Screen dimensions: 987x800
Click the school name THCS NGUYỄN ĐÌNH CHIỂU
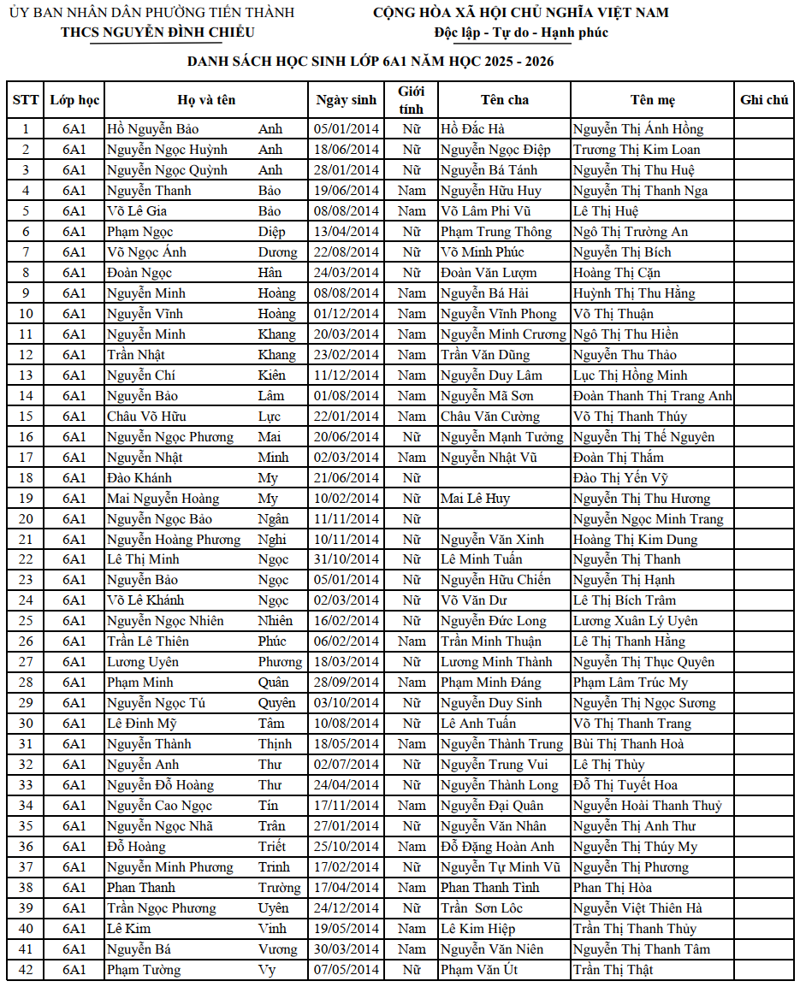click(157, 33)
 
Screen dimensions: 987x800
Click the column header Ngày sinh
click(346, 100)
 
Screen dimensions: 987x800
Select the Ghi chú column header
click(764, 100)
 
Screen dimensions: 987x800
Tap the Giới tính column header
click(412, 100)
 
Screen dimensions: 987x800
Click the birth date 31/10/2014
click(346, 559)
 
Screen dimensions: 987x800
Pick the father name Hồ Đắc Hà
click(472, 129)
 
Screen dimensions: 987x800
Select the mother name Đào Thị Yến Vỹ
click(620, 478)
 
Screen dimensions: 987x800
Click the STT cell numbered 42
click(26, 970)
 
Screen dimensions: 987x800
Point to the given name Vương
click(278, 949)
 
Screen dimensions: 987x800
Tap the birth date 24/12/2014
click(346, 908)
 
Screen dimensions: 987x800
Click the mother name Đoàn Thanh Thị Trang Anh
click(652, 396)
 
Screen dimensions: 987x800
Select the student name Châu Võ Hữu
click(146, 417)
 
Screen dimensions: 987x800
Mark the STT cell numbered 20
click(26, 519)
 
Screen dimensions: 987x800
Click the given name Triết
click(274, 847)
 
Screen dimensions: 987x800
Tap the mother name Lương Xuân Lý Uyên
click(635, 621)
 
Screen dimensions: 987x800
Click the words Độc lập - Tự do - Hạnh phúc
click(521, 33)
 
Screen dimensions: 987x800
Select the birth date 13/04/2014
click(346, 232)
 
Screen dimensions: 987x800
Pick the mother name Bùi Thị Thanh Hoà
click(628, 744)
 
